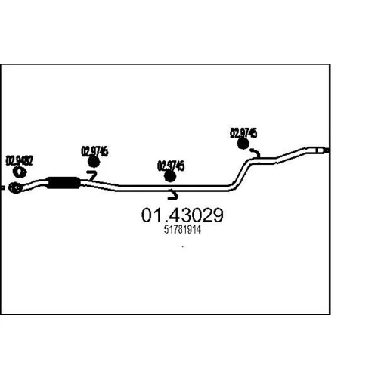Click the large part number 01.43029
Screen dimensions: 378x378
coord(182,215)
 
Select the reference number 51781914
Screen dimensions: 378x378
coord(182,230)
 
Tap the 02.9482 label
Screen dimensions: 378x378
coord(20,160)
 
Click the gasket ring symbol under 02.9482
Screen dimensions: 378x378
coord(20,172)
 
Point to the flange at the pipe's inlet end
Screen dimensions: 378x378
coord(15,187)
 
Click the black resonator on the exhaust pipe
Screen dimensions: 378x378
coord(64,183)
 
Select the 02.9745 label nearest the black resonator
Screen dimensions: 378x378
coord(94,151)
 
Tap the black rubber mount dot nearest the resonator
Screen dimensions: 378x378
coord(94,162)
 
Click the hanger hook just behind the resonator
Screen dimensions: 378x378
coord(92,175)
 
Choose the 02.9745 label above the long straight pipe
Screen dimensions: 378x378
coord(171,166)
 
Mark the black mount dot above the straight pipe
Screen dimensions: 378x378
coord(170,176)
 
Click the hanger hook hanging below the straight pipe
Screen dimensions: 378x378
coord(173,194)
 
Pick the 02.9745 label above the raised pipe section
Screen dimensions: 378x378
coord(243,133)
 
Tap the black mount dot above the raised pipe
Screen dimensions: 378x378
coord(243,144)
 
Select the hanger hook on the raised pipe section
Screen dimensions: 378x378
coord(256,153)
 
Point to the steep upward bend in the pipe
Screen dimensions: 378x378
coord(240,174)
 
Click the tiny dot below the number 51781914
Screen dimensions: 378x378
coord(183,246)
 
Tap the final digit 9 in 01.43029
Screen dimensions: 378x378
coord(218,215)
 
